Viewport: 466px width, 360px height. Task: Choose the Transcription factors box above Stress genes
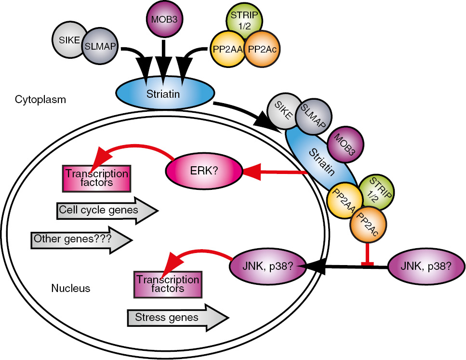pos(167,284)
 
